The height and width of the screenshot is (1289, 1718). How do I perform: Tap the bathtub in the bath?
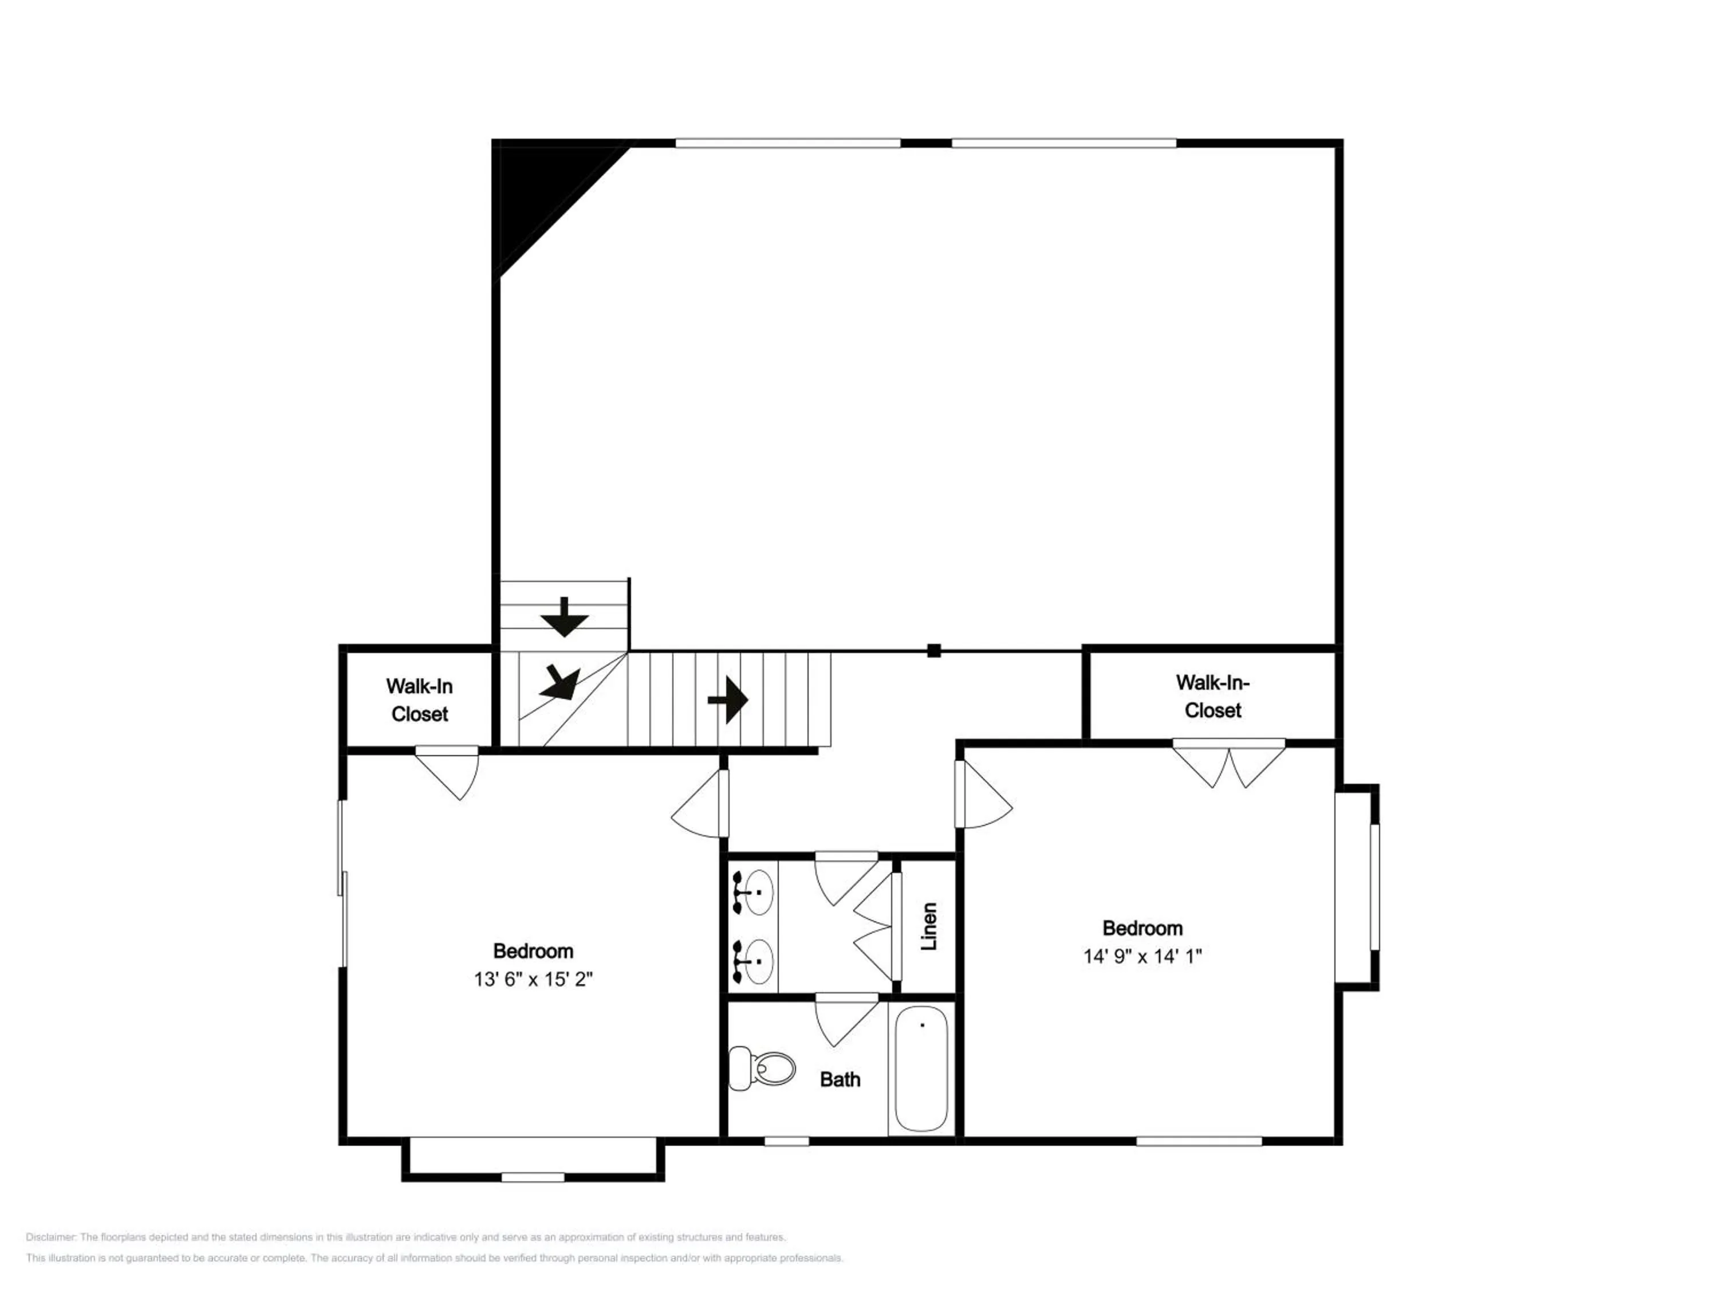pos(921,1069)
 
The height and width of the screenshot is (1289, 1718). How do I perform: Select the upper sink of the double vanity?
pos(754,892)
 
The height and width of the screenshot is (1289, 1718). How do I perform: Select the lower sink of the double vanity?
pos(754,961)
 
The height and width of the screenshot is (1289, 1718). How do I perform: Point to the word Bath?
pos(840,1079)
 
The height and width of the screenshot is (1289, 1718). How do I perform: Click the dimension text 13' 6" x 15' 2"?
pos(533,979)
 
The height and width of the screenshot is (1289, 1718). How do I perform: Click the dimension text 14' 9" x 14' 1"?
pos(1142,956)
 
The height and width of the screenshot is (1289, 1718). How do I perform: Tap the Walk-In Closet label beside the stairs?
pos(419,700)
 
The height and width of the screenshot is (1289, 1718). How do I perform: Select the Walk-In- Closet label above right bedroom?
pos(1212,696)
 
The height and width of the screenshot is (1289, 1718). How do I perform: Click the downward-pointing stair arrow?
pos(565,618)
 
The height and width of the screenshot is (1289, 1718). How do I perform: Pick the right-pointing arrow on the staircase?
pos(728,700)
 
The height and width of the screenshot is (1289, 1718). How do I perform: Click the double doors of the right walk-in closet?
pos(1229,766)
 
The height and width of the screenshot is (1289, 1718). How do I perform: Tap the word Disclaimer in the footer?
pos(50,1237)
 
